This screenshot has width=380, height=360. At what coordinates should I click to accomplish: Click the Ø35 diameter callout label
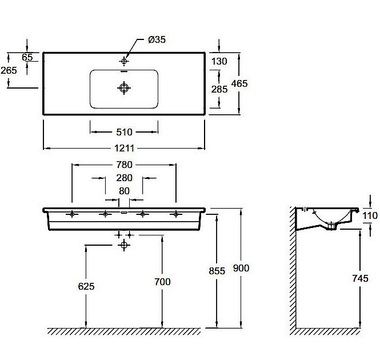point(157,39)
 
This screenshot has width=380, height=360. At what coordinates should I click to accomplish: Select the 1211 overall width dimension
point(124,149)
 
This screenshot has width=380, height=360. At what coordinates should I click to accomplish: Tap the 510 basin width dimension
point(124,132)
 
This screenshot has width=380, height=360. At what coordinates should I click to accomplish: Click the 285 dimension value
point(219,89)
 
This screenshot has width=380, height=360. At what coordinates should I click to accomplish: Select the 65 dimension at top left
point(27,57)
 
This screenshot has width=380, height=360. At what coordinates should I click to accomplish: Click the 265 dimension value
point(9,70)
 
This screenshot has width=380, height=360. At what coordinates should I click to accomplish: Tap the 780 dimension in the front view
point(124,166)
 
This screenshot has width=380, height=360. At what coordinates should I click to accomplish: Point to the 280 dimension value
point(124,178)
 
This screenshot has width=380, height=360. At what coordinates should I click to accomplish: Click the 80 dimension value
point(124,191)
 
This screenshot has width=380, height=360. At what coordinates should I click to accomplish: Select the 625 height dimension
point(86,285)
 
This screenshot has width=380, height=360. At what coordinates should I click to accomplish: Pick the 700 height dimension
point(162,282)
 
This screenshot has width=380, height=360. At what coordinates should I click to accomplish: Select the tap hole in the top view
point(125,60)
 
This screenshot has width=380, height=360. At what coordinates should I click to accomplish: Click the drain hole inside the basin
point(124,87)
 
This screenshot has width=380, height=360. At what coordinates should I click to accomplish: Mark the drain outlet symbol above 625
point(123,245)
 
